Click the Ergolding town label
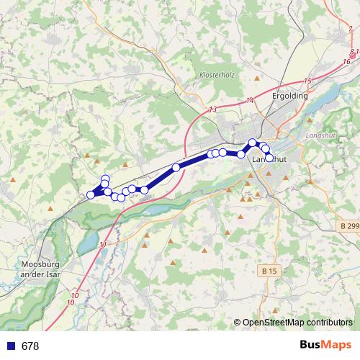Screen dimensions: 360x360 pos(291,95)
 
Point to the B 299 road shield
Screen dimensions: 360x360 pos(348,225)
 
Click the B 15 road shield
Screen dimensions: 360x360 pos(268,271)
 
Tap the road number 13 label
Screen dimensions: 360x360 pos(212,109)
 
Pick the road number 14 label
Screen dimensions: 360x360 pos(250,99)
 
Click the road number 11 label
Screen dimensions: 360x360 pos(104,245)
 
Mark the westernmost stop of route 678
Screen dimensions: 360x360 pos(91,194)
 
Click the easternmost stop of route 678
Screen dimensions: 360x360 pos(270,157)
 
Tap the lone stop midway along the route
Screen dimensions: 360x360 pos(176,168)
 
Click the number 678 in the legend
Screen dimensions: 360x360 pos(30,346)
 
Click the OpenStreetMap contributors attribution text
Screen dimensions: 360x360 pos(299,323)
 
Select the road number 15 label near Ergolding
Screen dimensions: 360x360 pos(307,81)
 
